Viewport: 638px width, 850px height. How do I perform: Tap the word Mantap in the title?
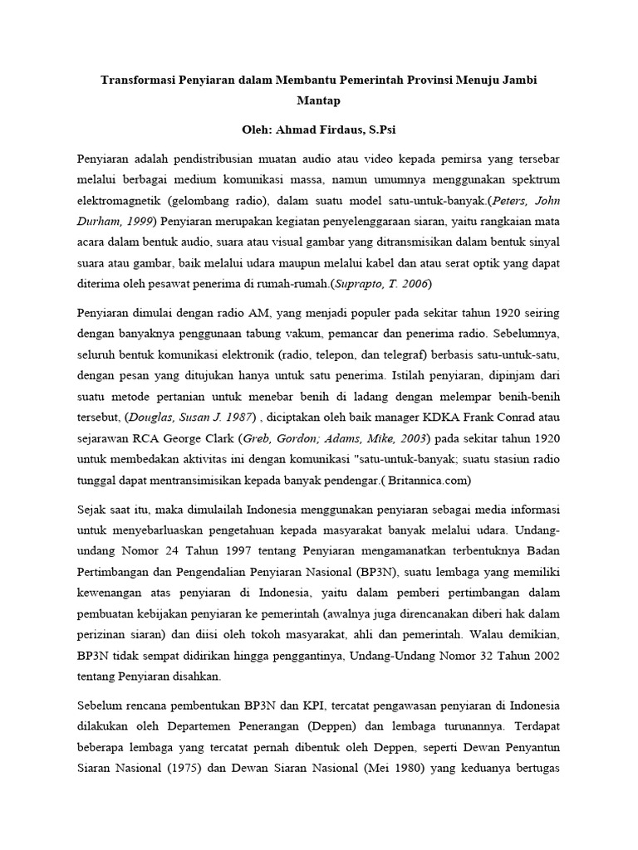[318, 103]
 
